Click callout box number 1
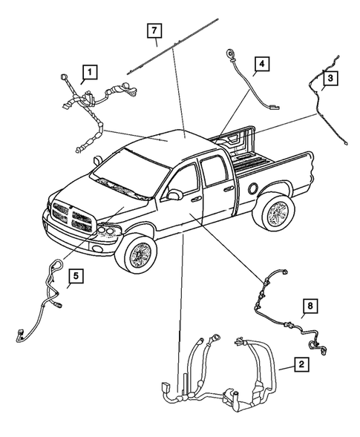(89, 72)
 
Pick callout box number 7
(154, 31)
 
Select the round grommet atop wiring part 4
(229, 54)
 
